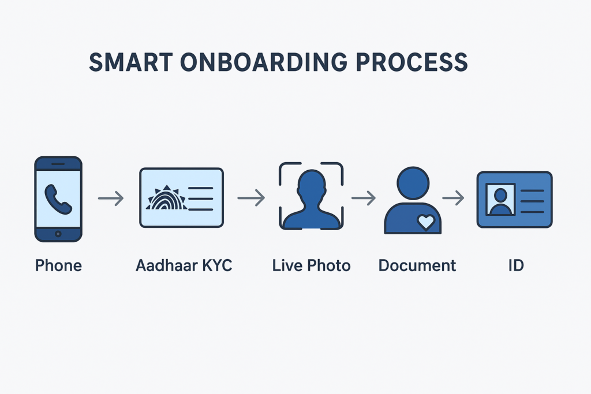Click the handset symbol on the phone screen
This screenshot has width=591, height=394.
pyautogui.click(x=58, y=198)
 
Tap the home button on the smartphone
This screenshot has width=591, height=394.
pyautogui.click(x=58, y=234)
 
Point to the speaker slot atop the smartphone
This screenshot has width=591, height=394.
pyautogui.click(x=58, y=164)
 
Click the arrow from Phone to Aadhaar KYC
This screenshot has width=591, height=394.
pyautogui.click(x=111, y=199)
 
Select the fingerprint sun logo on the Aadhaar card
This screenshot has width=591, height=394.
pyautogui.click(x=167, y=198)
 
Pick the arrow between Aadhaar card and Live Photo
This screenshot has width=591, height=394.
pyautogui.click(x=251, y=198)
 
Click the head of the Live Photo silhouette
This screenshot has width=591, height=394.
pyautogui.click(x=311, y=184)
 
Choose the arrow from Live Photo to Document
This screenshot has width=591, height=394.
pyautogui.click(x=364, y=198)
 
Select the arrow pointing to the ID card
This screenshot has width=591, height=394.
pyautogui.click(x=454, y=198)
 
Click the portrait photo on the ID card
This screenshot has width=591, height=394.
pyautogui.click(x=500, y=200)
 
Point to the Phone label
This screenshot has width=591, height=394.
pyautogui.click(x=58, y=266)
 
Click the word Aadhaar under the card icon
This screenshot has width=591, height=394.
pyautogui.click(x=164, y=266)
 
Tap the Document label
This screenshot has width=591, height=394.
pyautogui.click(x=417, y=266)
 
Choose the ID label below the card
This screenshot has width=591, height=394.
pyautogui.click(x=515, y=266)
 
